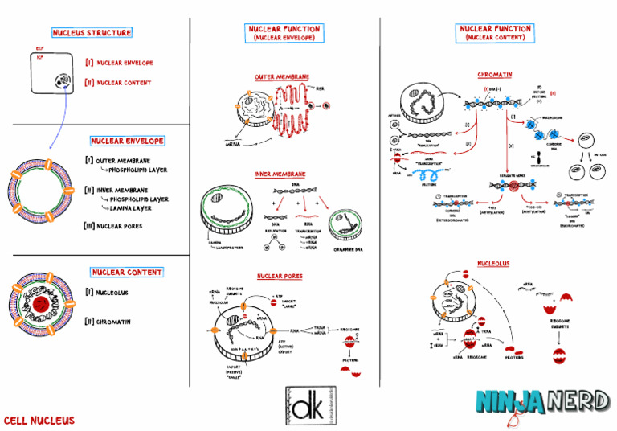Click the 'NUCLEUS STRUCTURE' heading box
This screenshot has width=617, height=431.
tap(92, 33)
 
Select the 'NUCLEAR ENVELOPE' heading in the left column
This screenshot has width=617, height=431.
tap(128, 141)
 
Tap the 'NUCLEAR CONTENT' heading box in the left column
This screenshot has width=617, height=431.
tap(127, 273)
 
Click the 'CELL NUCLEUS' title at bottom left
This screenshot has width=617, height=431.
tap(39, 420)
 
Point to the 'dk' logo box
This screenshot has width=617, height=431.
tap(310, 406)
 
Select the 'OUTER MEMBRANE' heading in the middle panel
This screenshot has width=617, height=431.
tap(282, 77)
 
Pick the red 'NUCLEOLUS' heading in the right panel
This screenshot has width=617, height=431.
tap(493, 263)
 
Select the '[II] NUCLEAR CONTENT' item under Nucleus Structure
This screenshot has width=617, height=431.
tap(118, 82)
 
